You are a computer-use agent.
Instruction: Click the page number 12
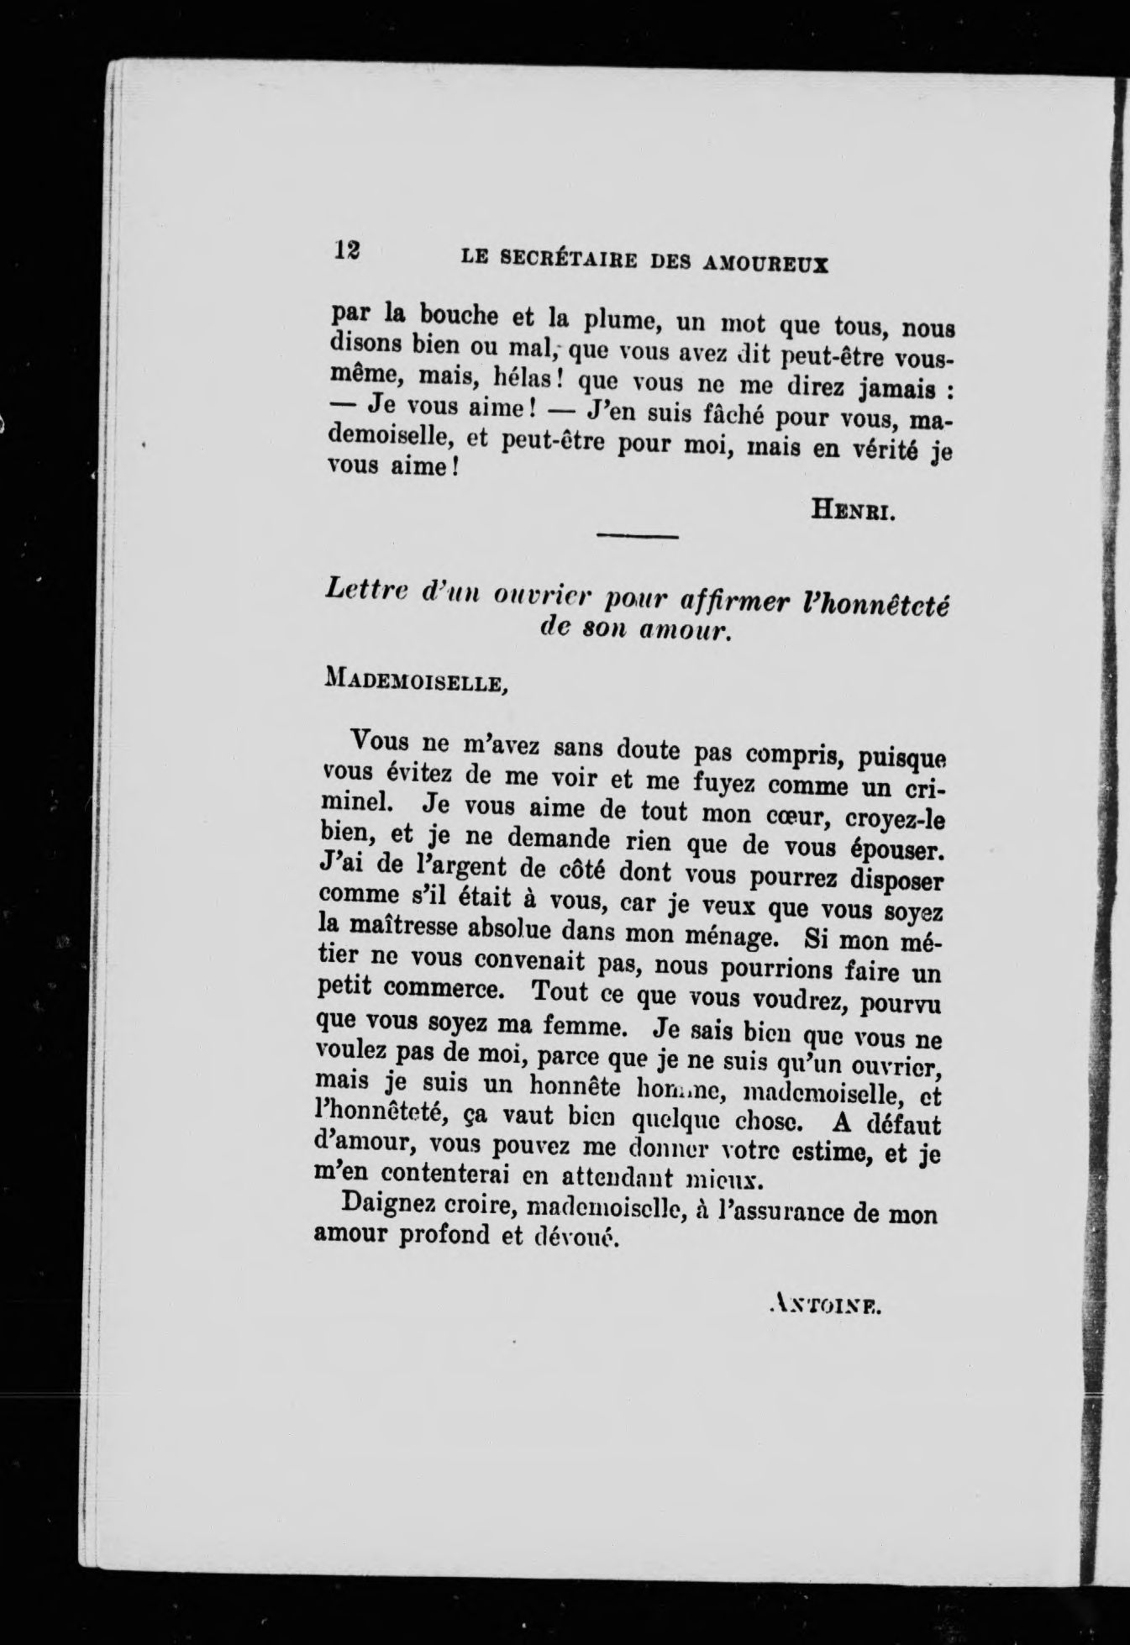coord(346,251)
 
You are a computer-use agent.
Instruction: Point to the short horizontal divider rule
coord(636,535)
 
